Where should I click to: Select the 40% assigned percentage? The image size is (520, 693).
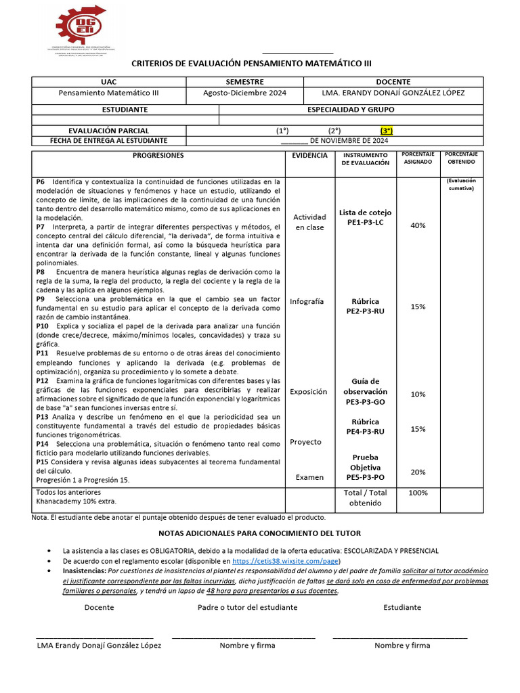[418, 225]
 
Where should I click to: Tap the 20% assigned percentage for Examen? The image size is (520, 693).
[418, 472]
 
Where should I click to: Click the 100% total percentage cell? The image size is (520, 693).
[418, 493]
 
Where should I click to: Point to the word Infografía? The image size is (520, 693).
[307, 301]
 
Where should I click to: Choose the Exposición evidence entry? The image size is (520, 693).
[308, 392]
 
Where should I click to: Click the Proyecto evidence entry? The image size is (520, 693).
[305, 442]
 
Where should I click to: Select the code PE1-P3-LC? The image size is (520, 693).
[366, 222]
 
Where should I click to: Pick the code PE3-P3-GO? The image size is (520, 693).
[366, 401]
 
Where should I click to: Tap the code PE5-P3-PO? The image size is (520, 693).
[366, 477]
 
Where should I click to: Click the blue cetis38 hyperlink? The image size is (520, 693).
[285, 562]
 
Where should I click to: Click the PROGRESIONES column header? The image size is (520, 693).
[158, 156]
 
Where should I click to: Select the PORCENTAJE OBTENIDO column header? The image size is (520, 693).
[461, 158]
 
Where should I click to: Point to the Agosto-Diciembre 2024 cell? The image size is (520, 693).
[244, 93]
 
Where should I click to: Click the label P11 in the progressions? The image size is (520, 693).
[42, 353]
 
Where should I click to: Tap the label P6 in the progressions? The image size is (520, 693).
[41, 182]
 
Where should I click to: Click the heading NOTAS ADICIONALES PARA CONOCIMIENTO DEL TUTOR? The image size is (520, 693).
[260, 533]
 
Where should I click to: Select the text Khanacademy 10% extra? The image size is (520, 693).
[76, 501]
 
